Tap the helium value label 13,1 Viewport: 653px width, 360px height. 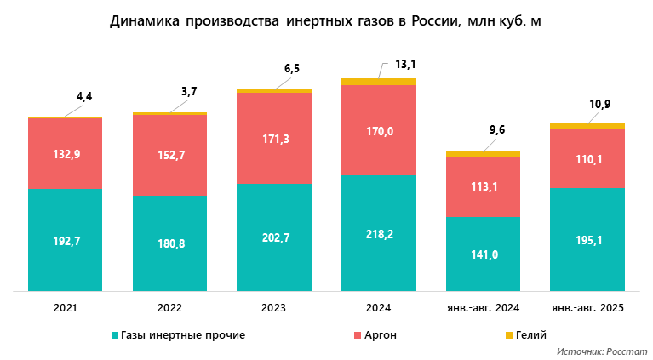404,64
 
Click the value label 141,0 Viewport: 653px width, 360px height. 483,254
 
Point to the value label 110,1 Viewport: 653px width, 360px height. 587,159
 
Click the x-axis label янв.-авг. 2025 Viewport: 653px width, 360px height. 587,306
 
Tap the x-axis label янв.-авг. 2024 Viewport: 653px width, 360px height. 483,306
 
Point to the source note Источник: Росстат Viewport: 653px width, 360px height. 603,351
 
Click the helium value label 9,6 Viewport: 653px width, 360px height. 495,129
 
